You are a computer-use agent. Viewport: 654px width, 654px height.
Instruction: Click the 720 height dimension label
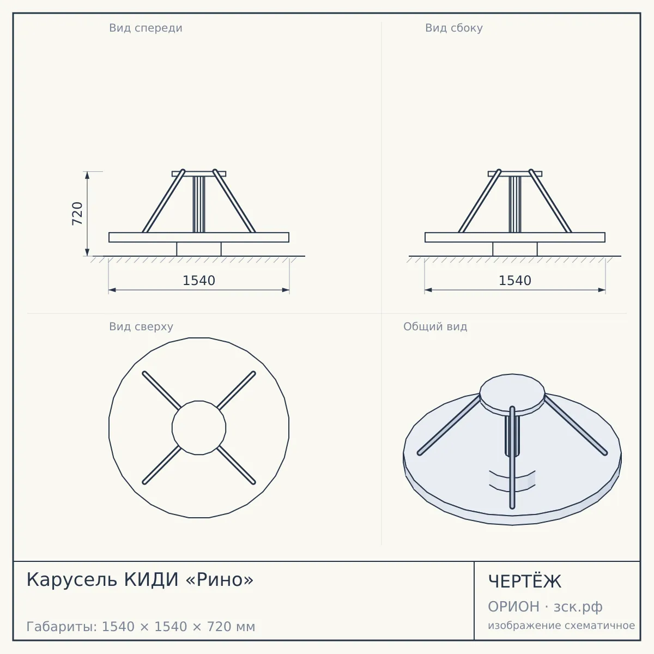pos(77,214)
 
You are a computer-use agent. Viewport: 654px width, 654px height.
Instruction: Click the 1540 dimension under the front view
pos(199,281)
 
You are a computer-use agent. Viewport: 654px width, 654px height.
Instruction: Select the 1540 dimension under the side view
pos(515,281)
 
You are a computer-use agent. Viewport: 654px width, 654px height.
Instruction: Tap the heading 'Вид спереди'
pos(146,28)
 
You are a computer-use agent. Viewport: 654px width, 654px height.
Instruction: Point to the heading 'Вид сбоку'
pos(454,28)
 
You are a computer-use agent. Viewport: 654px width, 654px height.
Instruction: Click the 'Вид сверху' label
pos(141,326)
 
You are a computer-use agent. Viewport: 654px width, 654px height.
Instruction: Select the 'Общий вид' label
pos(435,326)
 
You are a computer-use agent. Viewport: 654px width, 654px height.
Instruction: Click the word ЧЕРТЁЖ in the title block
pos(525,582)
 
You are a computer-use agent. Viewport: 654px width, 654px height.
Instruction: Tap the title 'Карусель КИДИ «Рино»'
pos(140,579)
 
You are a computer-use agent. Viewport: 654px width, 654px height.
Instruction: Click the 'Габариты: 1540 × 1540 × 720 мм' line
pos(141,627)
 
